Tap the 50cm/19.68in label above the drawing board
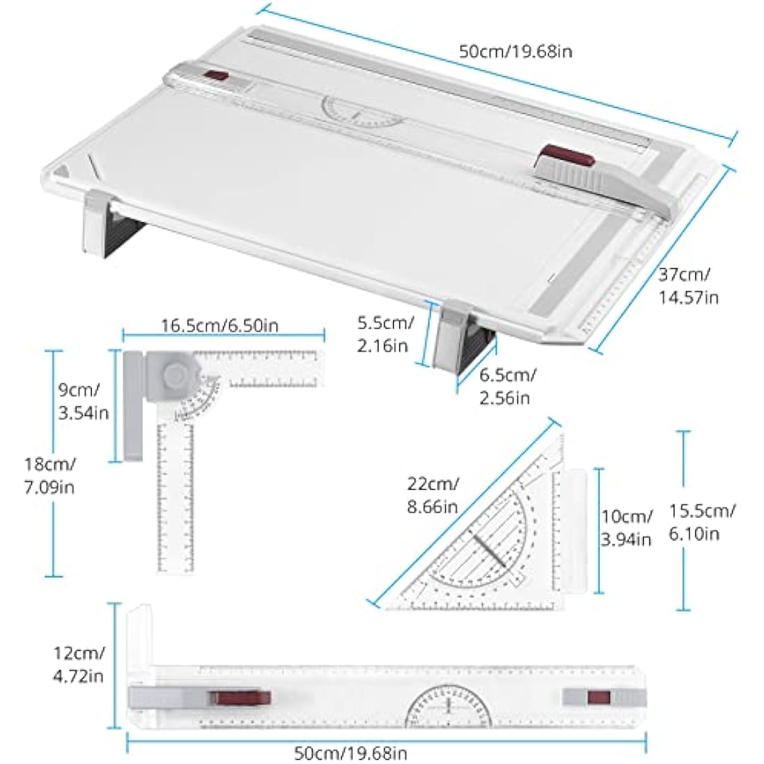click(x=516, y=51)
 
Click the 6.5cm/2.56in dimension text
click(x=506, y=386)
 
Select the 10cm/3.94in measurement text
click(x=626, y=527)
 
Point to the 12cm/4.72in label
click(x=79, y=663)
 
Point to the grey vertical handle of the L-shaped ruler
click(x=133, y=406)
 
